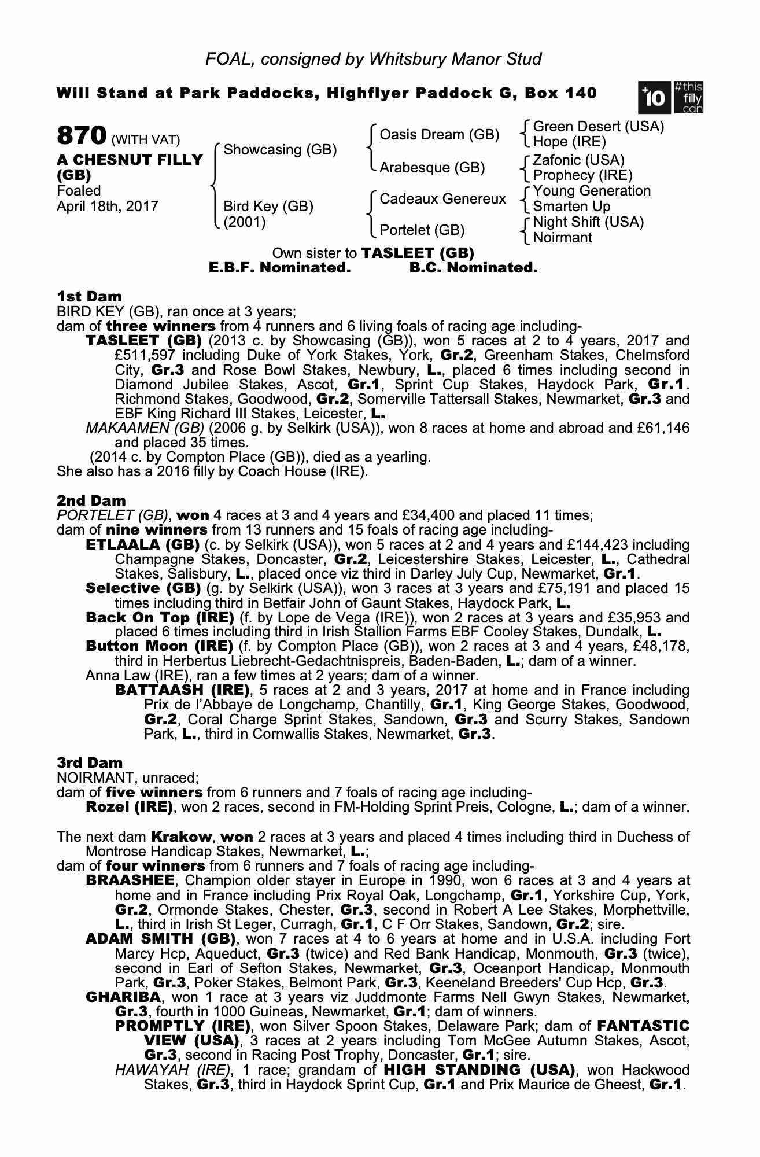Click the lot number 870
81,136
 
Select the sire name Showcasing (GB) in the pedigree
280,150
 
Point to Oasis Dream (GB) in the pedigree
439,135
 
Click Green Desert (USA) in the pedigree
598,127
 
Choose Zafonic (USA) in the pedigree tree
578,160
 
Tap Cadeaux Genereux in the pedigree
442,199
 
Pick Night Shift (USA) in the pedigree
588,222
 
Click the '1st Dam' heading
89,297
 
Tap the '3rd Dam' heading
90,763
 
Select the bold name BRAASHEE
130,880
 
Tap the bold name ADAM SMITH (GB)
160,938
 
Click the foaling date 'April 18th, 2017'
107,207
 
